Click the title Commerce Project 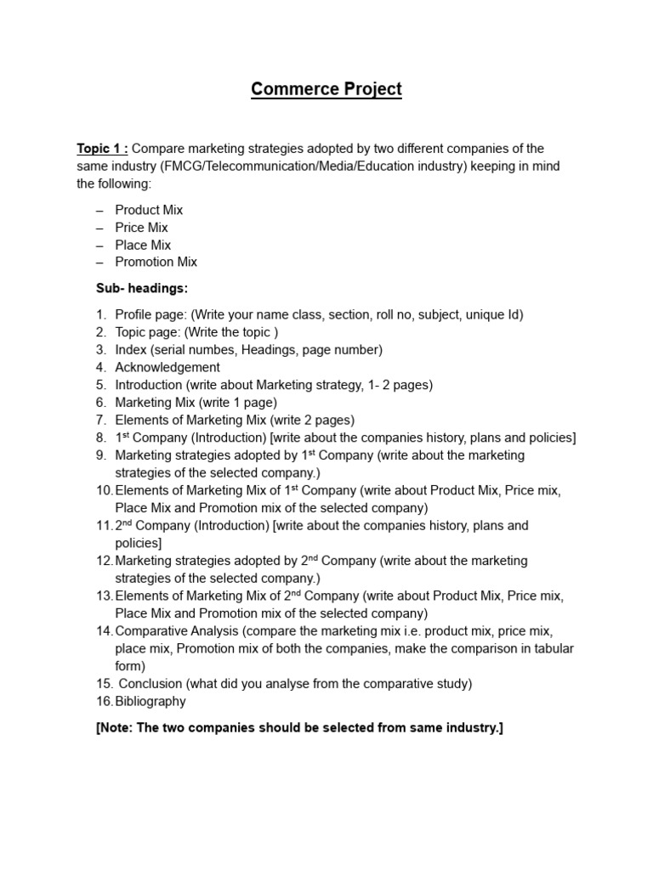(326, 89)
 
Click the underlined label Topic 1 (102, 149)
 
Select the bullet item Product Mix (149, 210)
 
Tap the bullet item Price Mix (141, 228)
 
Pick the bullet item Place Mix (143, 245)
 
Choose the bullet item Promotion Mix (156, 262)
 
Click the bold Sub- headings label (141, 288)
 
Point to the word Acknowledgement (167, 367)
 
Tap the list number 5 (101, 385)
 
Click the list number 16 (104, 701)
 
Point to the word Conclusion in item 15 (150, 683)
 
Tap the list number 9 (101, 455)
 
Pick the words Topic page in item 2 (144, 332)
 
